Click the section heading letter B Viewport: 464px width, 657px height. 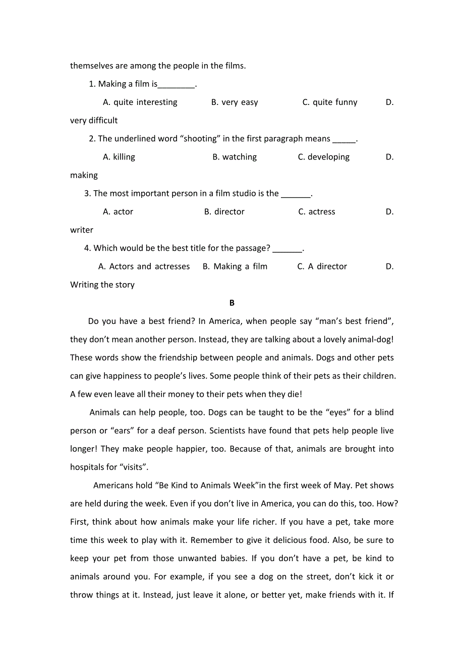pos(232,303)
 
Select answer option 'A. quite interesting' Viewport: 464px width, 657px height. pos(140,102)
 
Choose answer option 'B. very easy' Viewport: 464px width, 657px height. pos(235,102)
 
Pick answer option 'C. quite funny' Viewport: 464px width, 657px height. pos(330,102)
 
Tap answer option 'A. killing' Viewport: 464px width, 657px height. pos(119,157)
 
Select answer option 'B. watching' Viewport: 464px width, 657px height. pos(235,157)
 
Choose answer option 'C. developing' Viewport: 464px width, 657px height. pos(323,157)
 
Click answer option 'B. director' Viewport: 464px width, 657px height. pos(224,212)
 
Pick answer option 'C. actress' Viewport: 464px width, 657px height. pos(316,212)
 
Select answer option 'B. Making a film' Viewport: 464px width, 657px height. pos(235,266)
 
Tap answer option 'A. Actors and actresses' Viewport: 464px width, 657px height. pos(144,266)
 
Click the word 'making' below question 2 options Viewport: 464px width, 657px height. pos(84,175)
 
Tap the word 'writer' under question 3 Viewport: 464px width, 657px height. pos(82,230)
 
